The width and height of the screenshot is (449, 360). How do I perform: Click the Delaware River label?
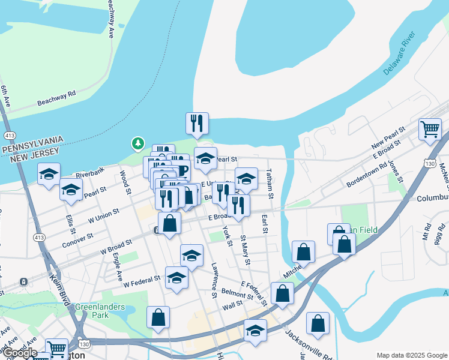click(x=400, y=54)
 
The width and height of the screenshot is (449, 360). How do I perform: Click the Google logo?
click(x=19, y=353)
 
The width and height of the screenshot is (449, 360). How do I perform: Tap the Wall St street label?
click(x=232, y=304)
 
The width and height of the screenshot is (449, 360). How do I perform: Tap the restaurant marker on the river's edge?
click(x=197, y=124)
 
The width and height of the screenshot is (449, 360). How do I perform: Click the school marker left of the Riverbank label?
click(x=49, y=174)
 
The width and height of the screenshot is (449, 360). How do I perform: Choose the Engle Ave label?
click(x=118, y=267)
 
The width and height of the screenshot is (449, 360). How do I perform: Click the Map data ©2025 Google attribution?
click(x=411, y=355)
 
